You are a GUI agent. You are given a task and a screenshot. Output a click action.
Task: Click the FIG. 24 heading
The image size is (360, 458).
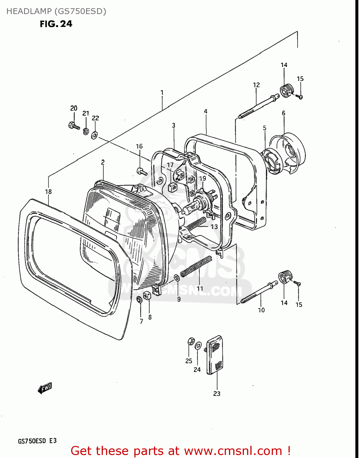pos(56,24)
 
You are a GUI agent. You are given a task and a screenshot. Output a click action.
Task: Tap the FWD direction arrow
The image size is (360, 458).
pos(45,388)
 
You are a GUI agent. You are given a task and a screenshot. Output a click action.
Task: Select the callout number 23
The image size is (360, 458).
pos(216,394)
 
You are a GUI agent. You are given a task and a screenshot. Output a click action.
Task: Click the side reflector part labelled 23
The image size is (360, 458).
pos(215,355)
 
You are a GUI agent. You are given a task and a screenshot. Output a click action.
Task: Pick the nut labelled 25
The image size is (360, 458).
pos(191,341)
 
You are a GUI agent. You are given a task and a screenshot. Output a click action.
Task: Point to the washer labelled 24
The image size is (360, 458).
pos(198,346)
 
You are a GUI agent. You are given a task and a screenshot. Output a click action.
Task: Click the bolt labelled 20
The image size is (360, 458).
pos(73,125)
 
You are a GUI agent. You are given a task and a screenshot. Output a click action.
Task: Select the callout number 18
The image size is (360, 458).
pos(48,191)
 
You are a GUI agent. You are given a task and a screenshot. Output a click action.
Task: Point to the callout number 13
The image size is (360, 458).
pos(214,227)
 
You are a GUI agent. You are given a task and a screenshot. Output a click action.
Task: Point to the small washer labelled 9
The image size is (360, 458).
pos(177,278)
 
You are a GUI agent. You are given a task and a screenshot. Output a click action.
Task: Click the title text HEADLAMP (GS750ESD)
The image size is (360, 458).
pos(56,11)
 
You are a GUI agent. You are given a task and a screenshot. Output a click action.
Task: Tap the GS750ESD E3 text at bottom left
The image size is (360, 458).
pos(37,441)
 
